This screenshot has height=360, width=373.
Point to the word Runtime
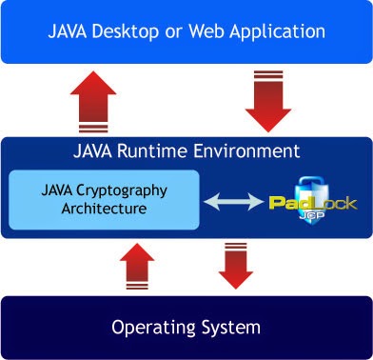159,151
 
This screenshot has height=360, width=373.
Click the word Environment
246,151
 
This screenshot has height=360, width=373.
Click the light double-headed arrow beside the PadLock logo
233,200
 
